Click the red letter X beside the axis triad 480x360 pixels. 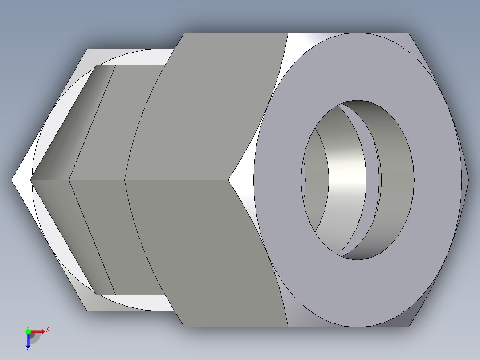(48, 329)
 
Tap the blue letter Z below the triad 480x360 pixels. (28, 349)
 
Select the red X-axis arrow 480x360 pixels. (38, 331)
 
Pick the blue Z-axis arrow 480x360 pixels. (28, 340)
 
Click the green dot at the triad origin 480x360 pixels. (28, 331)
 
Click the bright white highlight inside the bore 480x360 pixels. (347, 178)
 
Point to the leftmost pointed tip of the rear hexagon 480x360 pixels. (12, 180)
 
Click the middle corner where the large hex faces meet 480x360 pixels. (229, 180)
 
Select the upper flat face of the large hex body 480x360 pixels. (205, 107)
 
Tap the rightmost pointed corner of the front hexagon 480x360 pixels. (468, 180)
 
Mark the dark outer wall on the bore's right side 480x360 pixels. (399, 178)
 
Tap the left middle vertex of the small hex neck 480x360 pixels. (31, 180)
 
